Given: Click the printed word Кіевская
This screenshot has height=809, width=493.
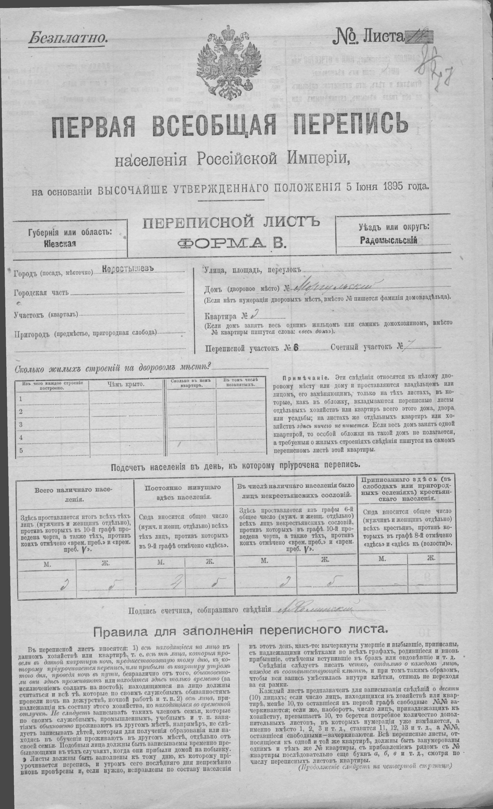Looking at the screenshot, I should (60, 243).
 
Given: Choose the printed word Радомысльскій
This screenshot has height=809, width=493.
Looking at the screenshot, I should (388, 240).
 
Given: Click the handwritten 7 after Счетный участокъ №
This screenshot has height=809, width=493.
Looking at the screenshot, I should (410, 346).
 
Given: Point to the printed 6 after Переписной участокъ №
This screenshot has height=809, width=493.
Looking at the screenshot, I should (295, 348).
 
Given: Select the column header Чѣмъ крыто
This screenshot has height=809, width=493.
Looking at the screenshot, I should (125, 384).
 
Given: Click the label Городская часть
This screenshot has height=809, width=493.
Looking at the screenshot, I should (41, 293).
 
